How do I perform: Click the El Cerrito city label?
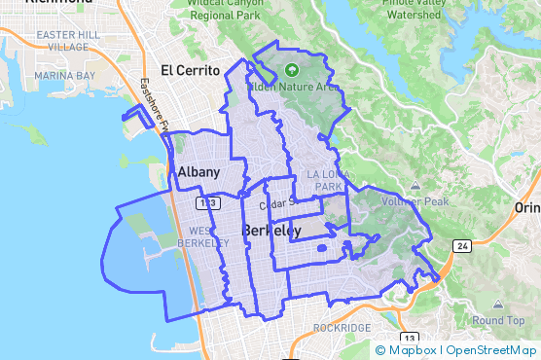click(190, 70)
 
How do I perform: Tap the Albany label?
click(198, 172)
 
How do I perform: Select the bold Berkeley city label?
click(271, 231)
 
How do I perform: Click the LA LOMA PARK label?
click(325, 179)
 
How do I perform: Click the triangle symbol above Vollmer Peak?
click(415, 186)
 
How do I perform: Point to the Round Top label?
click(499, 321)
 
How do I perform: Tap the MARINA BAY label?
click(64, 75)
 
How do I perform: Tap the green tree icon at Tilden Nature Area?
click(293, 70)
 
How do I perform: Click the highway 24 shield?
click(462, 247)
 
